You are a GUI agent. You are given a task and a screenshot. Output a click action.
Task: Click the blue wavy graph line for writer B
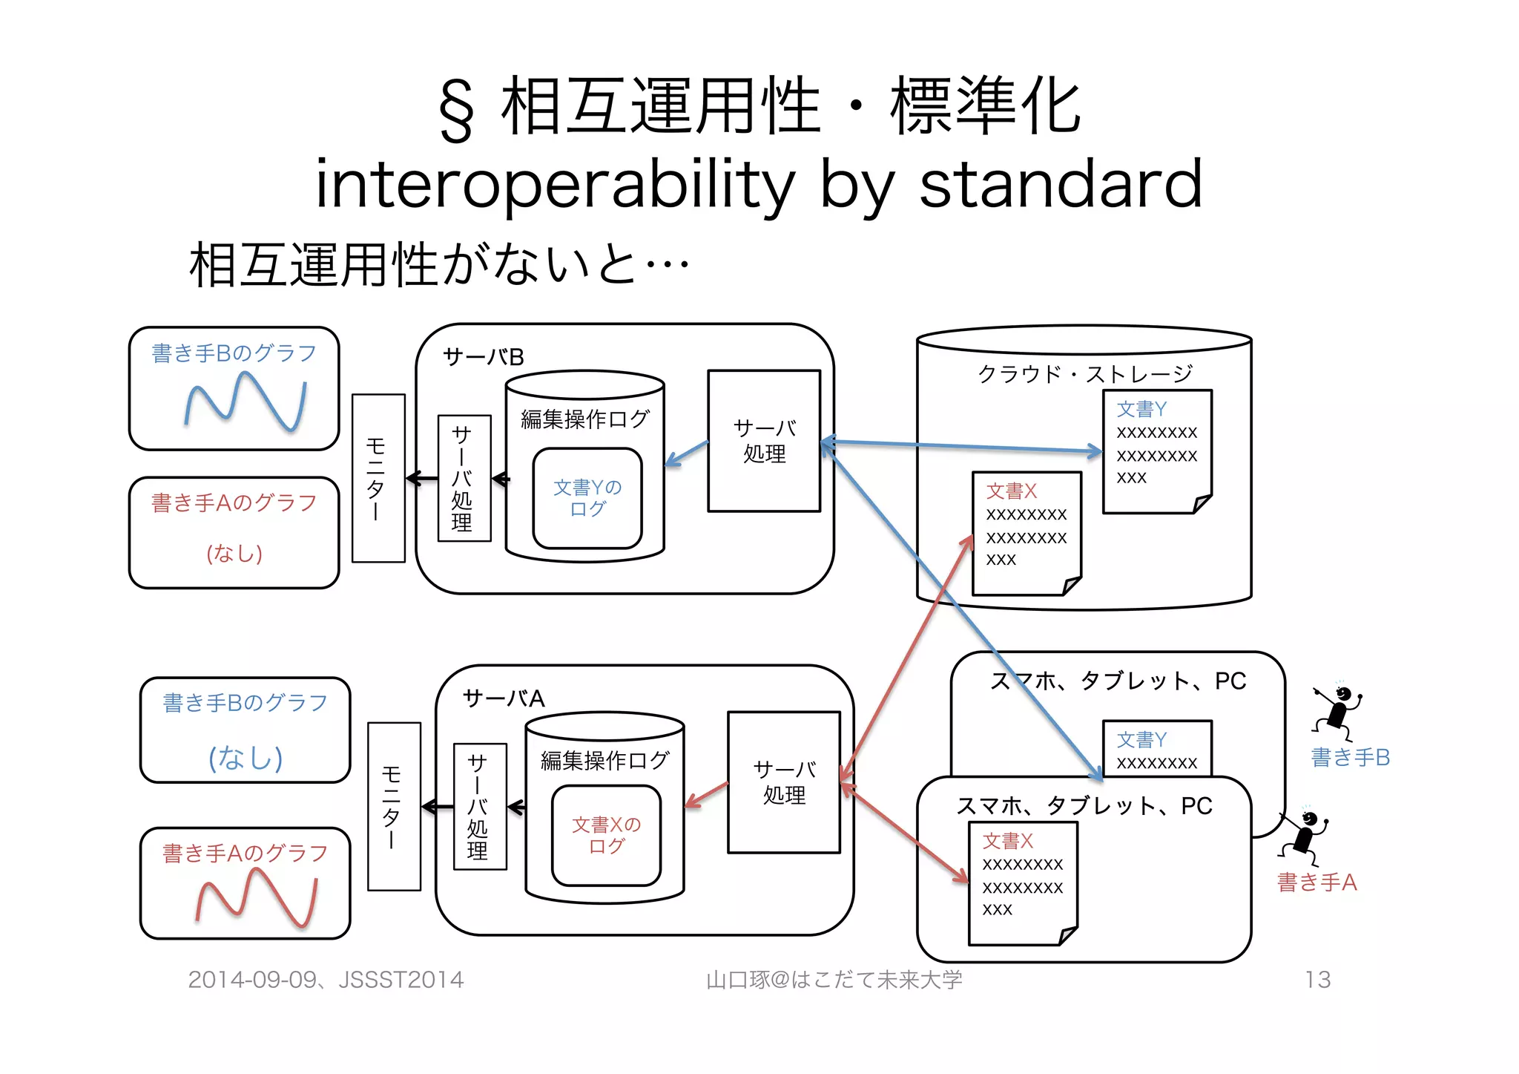[245, 402]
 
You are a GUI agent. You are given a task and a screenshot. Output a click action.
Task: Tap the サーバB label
[483, 358]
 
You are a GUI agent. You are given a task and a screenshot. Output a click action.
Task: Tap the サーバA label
[504, 698]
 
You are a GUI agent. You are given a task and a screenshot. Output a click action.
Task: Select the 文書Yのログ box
[587, 498]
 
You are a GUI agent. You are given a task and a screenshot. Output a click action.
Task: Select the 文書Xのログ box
[606, 835]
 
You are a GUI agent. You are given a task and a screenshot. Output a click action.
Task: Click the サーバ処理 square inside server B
[764, 441]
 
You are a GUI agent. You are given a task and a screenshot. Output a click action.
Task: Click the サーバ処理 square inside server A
[784, 782]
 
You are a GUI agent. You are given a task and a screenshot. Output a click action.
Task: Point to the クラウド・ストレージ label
[1084, 373]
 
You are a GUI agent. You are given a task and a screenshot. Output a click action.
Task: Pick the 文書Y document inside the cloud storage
[1157, 451]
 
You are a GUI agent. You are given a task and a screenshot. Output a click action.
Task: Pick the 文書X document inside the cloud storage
[1027, 533]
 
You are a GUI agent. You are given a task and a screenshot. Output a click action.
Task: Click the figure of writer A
[1305, 835]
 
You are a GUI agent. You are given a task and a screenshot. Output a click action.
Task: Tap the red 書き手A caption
[1317, 883]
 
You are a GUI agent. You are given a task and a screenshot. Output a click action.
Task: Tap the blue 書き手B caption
[1350, 757]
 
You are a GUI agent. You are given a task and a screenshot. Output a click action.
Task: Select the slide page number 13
[1317, 980]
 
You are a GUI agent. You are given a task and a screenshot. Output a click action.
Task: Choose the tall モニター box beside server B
[378, 478]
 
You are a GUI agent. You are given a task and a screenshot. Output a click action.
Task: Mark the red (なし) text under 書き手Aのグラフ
[234, 554]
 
